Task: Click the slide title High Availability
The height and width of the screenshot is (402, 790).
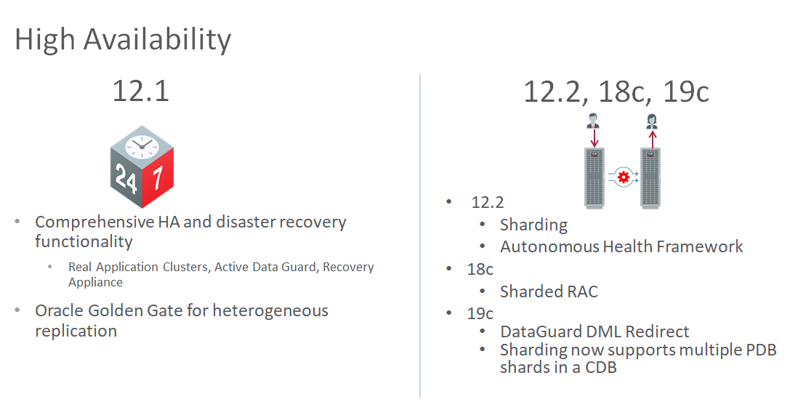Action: coord(123,40)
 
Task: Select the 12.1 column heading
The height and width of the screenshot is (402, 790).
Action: coord(140,91)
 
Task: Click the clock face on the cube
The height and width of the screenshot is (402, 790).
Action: coord(142,147)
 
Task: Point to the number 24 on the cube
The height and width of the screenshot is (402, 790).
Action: coord(126,178)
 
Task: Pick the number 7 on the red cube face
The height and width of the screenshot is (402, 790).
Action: coord(158,177)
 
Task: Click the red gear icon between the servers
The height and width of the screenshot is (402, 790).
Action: coord(624,177)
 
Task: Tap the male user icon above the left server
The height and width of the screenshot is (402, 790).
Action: coord(594,121)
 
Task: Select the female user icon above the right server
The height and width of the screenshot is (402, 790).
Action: coord(653,121)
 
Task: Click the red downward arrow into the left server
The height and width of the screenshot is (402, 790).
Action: coord(594,138)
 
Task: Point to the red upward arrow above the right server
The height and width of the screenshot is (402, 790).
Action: coord(653,138)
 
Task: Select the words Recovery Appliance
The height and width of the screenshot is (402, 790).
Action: coord(221,274)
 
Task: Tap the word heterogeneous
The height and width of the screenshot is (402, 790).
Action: coord(270,311)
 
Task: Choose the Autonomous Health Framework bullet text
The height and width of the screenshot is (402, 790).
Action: coord(621,246)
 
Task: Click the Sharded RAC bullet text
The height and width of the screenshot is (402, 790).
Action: coord(549,292)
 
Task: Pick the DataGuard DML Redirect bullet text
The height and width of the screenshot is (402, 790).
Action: coord(594,331)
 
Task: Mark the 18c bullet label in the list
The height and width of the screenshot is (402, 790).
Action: coord(480,269)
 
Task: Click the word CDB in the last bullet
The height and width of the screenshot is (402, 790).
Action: coord(601,367)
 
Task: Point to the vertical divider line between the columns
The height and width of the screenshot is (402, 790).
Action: coord(419,236)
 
